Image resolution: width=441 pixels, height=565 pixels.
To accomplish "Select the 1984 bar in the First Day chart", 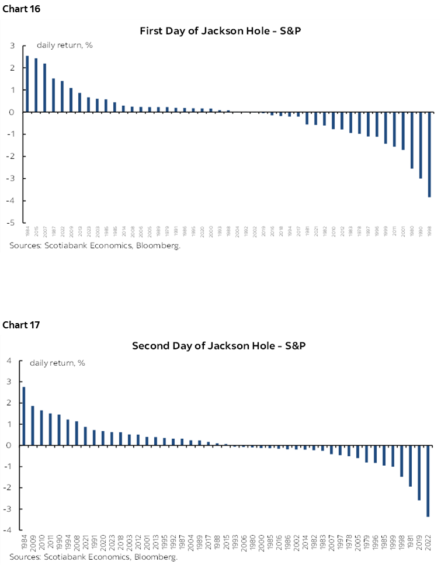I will (x=27, y=84).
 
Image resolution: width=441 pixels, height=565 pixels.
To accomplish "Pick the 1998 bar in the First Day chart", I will (x=429, y=154).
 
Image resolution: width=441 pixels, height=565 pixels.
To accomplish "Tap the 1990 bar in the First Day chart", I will (x=421, y=145).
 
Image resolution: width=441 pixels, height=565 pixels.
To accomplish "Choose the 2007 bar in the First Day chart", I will (x=44, y=88).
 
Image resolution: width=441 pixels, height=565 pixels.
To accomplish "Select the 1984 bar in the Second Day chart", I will (x=24, y=416).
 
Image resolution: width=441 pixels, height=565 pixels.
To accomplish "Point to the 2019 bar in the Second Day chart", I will (x=419, y=473).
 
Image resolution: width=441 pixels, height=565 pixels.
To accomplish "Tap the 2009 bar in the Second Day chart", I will (x=33, y=425).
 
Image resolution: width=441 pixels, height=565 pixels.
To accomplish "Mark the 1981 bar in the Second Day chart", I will (x=411, y=466).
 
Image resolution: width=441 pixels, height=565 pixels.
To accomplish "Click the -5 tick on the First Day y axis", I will (x=12, y=223).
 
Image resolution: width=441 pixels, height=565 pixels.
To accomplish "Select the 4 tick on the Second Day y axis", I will (x=9, y=361).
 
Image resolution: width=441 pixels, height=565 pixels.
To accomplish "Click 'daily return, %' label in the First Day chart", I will (x=62, y=45).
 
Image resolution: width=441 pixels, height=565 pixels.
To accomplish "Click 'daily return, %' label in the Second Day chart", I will (x=57, y=363).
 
